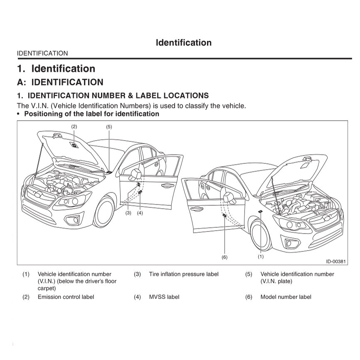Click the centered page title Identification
(x=183, y=42)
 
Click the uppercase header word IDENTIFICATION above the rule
(x=42, y=53)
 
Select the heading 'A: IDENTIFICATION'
(x=60, y=82)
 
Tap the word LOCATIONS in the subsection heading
(x=178, y=96)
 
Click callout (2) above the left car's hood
(x=74, y=126)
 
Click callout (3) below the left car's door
(x=128, y=213)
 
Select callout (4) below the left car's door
(x=140, y=213)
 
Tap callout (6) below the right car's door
(x=224, y=257)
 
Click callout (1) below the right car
(x=261, y=256)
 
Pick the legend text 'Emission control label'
(x=66, y=297)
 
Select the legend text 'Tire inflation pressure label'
(x=183, y=274)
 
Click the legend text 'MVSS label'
(x=164, y=297)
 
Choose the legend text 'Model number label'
(x=286, y=297)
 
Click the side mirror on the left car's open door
(x=136, y=173)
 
